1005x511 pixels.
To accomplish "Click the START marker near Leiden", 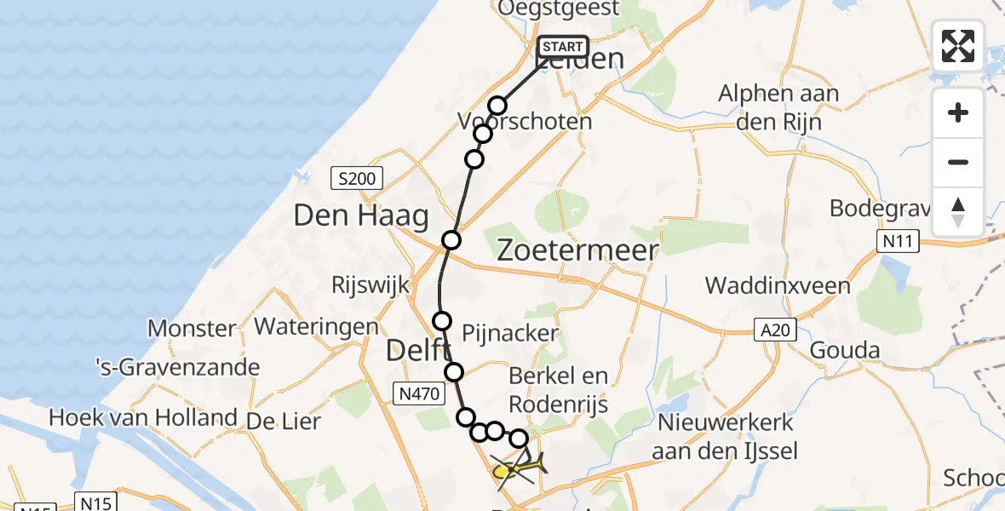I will pyautogui.click(x=562, y=47).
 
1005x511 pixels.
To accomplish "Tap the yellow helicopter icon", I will pyautogui.click(x=516, y=468).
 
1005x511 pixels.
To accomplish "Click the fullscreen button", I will pyautogui.click(x=958, y=45).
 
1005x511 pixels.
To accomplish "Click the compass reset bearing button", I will pyautogui.click(x=958, y=212).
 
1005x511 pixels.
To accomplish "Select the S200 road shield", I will pyautogui.click(x=357, y=179).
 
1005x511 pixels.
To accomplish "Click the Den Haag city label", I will pyautogui.click(x=360, y=216).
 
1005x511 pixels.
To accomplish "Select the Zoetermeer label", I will pyautogui.click(x=577, y=250).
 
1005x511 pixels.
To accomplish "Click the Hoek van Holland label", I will pyautogui.click(x=142, y=418).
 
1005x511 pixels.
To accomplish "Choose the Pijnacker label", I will pyautogui.click(x=509, y=332).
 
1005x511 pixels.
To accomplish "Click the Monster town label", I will pyautogui.click(x=192, y=328).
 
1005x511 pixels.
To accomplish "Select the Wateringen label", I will pyautogui.click(x=316, y=326).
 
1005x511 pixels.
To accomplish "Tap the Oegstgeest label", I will pyautogui.click(x=559, y=9).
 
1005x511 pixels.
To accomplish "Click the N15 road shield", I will pyautogui.click(x=97, y=502).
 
